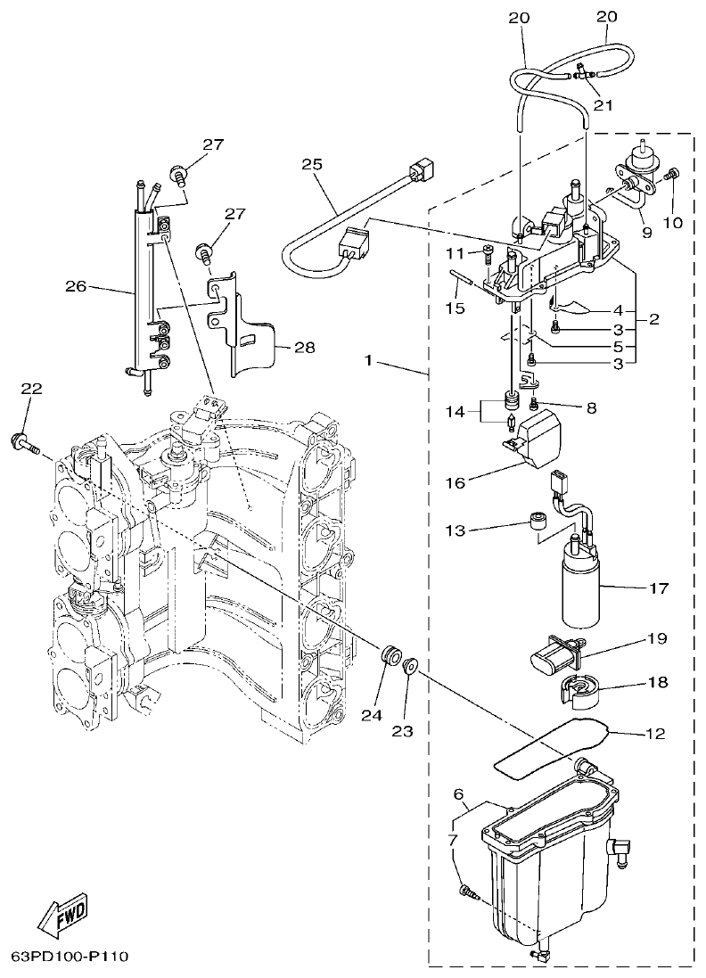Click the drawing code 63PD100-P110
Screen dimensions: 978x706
[x=70, y=957]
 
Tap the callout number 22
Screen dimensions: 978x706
[x=31, y=389]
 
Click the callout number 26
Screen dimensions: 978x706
[x=76, y=286]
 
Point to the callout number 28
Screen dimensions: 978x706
[x=305, y=348]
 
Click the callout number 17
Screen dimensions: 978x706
[x=659, y=588]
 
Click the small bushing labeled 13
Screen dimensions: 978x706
[x=538, y=522]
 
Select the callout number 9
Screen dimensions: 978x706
[x=646, y=233]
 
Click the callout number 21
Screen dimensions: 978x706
[x=605, y=105]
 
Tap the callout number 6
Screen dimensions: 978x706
[x=457, y=793]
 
